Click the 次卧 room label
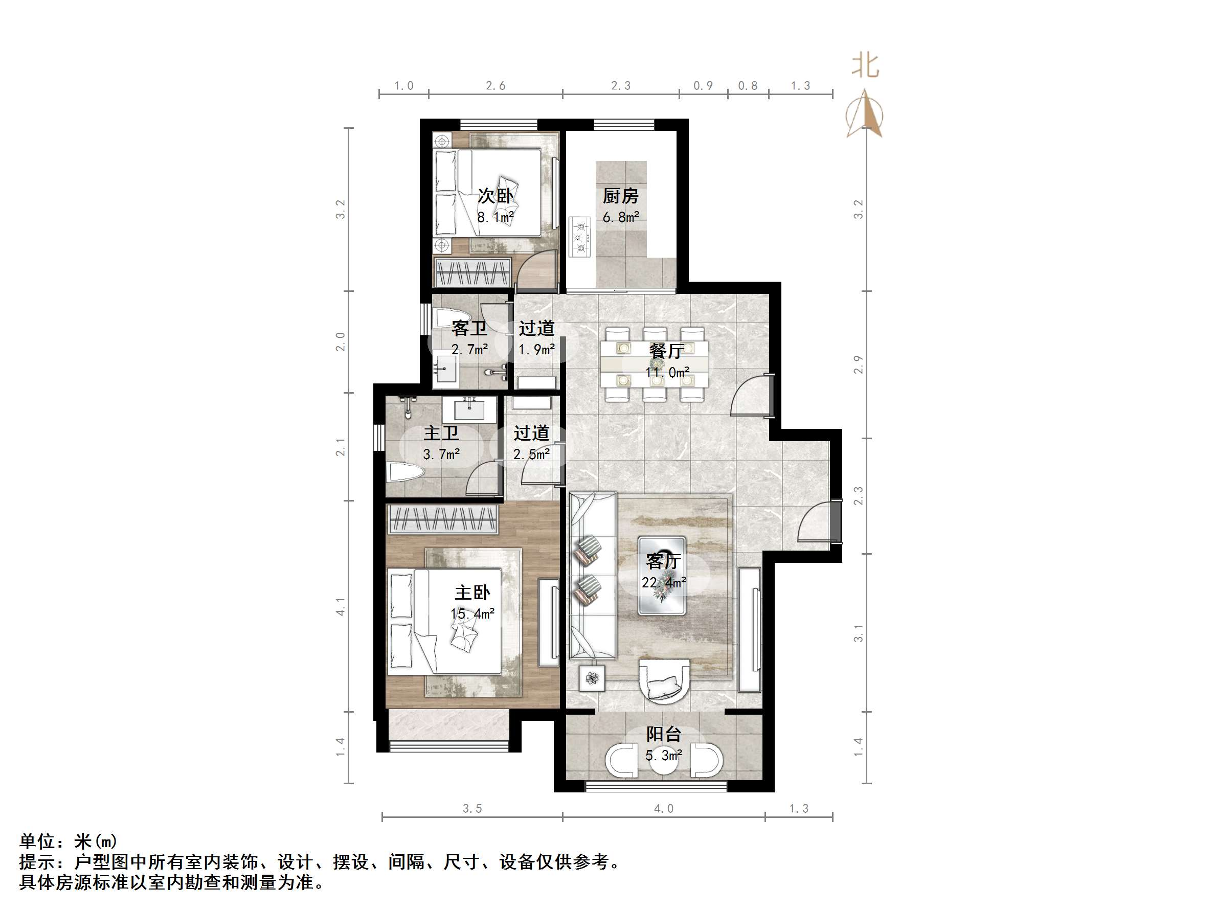[496, 195]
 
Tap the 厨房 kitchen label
[621, 196]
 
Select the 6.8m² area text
[621, 217]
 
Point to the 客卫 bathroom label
[469, 328]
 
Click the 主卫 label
[441, 433]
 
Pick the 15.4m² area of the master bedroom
[472, 614]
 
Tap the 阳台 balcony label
[664, 734]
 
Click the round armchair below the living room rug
[664, 681]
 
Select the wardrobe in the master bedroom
[443, 519]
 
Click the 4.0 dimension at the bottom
[664, 809]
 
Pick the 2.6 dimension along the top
[496, 86]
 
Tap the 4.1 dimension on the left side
[341, 607]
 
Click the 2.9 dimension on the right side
[859, 365]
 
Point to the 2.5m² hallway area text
[531, 454]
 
